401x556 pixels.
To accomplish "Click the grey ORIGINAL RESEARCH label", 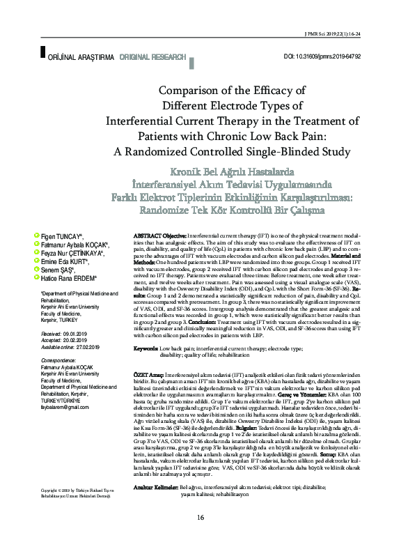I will point(152,56).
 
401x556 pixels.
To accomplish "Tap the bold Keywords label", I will point(146,348).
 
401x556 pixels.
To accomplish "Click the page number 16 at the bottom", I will point(200,537).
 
